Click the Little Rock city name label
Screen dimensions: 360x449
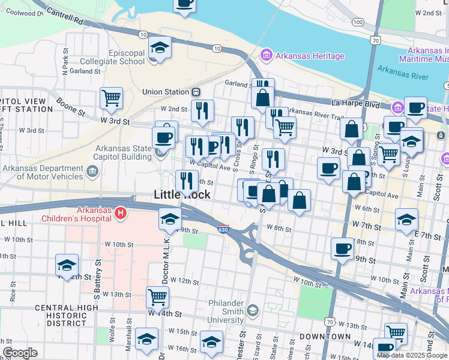coord(182,194)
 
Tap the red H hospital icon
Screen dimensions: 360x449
coord(121,213)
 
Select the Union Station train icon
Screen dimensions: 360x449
coord(195,92)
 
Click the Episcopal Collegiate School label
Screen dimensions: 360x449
coord(126,57)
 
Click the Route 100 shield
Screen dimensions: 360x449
coord(358,22)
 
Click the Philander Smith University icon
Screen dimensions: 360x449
coord(252,310)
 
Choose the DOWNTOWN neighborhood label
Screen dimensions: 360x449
coord(325,336)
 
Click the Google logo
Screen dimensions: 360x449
coord(20,353)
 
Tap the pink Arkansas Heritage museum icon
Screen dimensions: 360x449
coord(265,56)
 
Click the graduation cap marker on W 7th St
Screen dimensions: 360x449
coord(406,219)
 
